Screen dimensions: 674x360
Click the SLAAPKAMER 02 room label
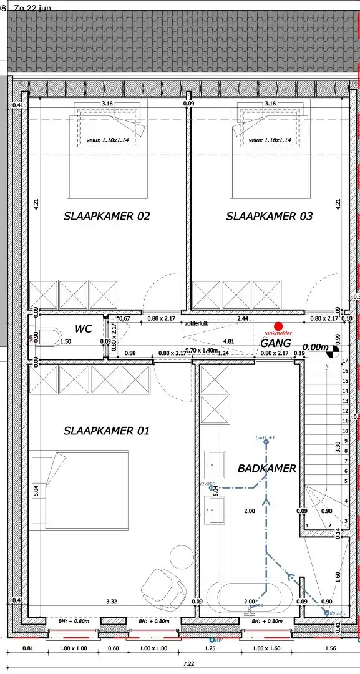[x=107, y=217]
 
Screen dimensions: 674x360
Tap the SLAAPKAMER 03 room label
[x=269, y=217]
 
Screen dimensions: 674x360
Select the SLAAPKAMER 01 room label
[x=107, y=431]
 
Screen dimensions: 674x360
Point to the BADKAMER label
[x=266, y=468]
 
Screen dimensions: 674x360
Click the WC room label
[x=84, y=329]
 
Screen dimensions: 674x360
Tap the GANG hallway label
[x=275, y=343]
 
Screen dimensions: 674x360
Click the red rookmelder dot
[x=278, y=326]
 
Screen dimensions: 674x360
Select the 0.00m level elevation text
[x=315, y=347]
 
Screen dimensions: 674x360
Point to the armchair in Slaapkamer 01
[x=163, y=580]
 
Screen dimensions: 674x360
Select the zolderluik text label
[x=197, y=324]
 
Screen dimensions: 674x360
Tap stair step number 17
[x=345, y=361]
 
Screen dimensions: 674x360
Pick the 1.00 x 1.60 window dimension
[x=266, y=648]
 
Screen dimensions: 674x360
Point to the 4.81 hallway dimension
[x=228, y=341]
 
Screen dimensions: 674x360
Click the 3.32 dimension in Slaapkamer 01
[x=112, y=602]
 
